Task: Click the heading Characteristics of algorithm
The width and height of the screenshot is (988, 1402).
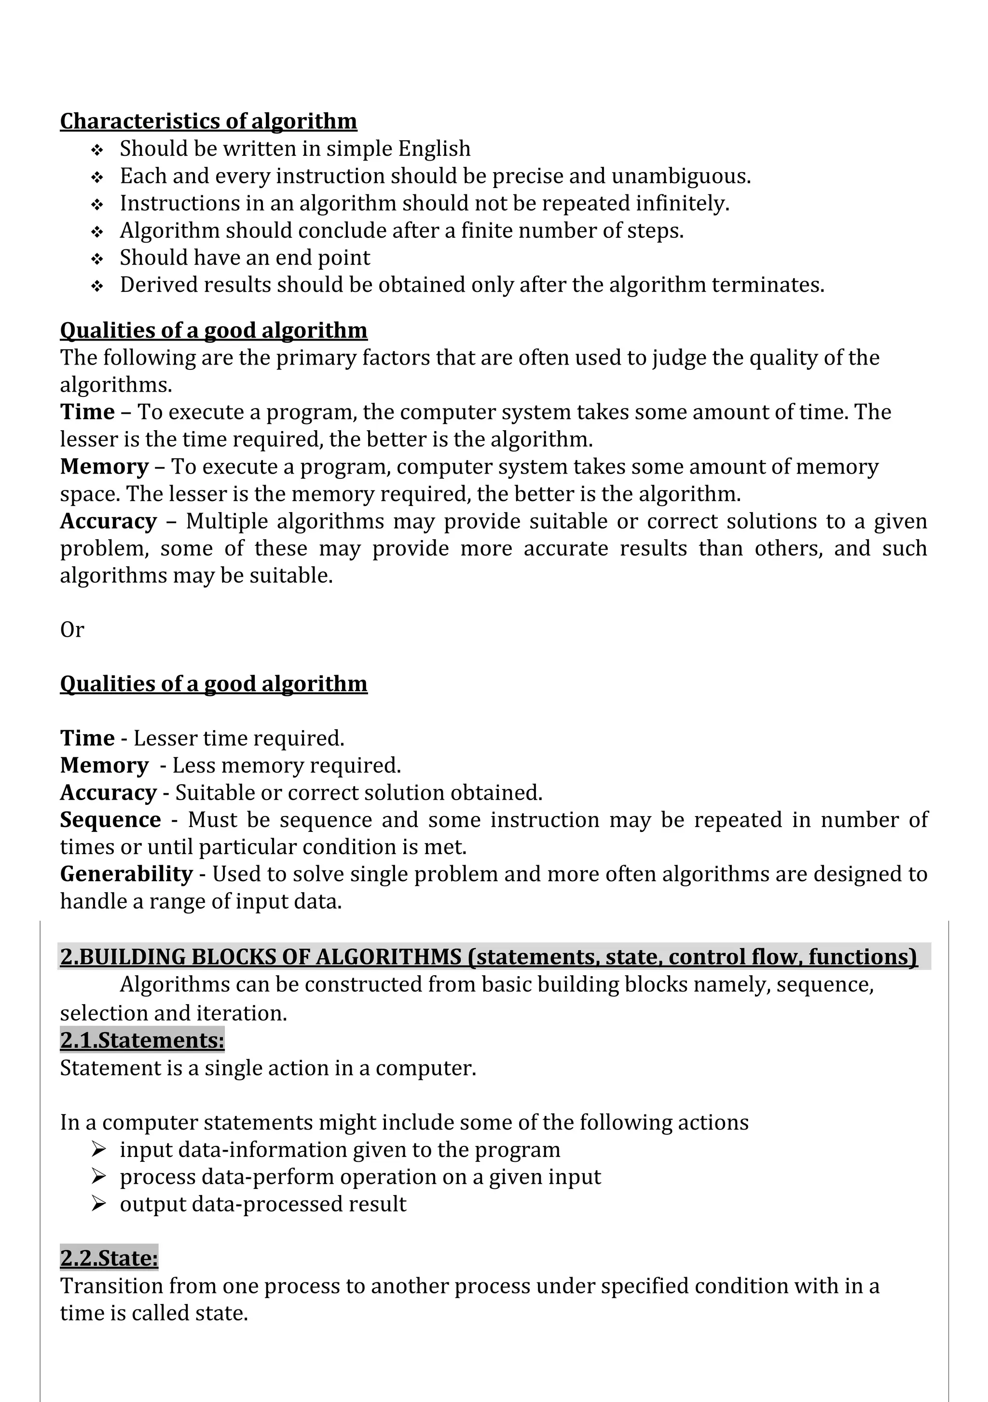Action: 208,121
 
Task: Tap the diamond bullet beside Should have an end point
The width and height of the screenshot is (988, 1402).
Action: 97,259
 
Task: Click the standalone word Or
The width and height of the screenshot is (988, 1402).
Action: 71,629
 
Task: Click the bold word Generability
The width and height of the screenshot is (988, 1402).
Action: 126,874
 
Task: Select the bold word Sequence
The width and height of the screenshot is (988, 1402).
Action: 110,819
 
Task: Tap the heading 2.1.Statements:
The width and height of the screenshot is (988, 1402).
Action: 142,1040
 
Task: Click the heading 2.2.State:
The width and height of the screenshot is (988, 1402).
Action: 109,1258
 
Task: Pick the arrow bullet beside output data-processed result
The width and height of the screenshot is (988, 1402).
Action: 98,1204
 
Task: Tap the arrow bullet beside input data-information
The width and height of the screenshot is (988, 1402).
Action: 98,1149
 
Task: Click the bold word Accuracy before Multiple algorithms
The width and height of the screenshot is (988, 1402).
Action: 109,521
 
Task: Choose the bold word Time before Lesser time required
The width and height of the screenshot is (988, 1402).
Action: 87,738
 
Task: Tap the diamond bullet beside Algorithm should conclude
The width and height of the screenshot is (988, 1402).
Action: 97,232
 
